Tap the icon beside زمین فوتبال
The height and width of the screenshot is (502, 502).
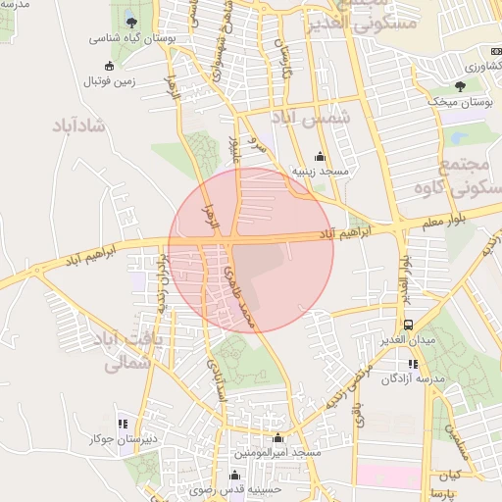[109, 66]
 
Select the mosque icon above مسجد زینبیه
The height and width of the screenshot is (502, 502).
[319, 156]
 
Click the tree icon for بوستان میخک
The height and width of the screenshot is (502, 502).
[460, 86]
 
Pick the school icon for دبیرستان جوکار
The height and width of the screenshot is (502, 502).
[123, 425]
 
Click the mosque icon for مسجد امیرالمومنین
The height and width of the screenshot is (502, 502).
[278, 438]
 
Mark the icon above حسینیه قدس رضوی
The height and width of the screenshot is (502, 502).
[233, 476]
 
